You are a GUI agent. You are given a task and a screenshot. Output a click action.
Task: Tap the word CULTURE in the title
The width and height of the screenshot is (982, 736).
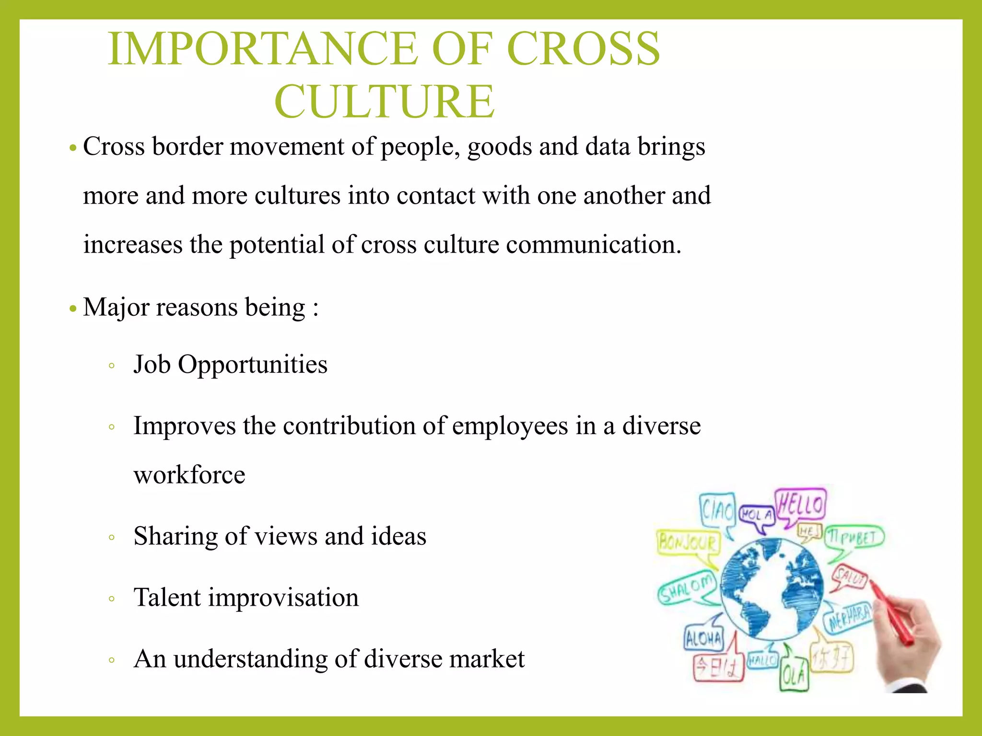384,102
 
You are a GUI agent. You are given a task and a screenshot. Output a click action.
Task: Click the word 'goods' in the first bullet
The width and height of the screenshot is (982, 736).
499,147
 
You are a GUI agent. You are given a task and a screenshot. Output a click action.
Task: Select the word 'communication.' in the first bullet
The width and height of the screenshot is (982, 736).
593,245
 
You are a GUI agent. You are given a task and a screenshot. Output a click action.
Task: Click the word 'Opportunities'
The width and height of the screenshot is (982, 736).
253,365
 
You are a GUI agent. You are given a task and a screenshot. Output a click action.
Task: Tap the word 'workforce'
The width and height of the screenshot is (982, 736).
189,475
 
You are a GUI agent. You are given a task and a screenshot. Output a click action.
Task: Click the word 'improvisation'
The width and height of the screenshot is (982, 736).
283,598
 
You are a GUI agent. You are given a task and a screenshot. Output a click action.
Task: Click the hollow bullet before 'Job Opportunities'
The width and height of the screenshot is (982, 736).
111,366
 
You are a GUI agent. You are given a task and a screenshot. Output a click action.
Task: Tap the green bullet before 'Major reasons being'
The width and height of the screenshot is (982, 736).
73,308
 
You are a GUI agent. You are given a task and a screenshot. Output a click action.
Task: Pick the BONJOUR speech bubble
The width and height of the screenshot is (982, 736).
688,543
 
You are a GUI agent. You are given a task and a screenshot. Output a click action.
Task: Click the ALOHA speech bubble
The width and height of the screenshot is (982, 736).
703,638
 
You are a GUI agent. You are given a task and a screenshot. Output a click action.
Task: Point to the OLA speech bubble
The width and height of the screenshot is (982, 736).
794,676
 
